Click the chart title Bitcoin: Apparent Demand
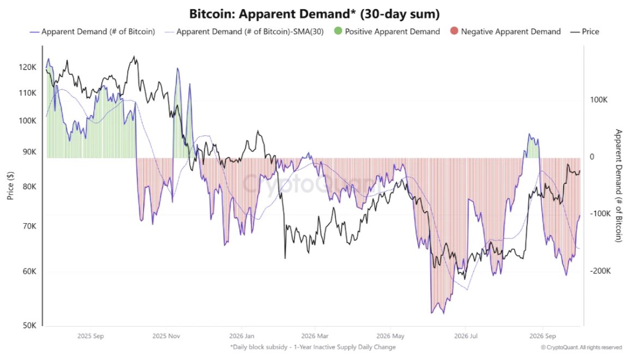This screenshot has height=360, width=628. coord(314,14)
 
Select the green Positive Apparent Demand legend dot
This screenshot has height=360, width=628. coord(338,31)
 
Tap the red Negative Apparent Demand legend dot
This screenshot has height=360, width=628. coord(454,31)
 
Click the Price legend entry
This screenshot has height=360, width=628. coord(584,32)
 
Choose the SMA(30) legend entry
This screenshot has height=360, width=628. coord(244,32)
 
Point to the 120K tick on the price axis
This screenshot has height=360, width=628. coord(27,67)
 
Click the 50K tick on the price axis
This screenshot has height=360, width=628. coord(29,326)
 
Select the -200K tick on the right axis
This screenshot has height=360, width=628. coord(600,271)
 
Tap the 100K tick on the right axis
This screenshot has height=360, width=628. coord(599,100)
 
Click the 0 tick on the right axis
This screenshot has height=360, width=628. coord(592,157)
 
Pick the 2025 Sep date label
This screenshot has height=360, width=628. coord(90,336)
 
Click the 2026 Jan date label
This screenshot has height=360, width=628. coord(241,336)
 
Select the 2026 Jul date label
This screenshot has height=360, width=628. coord(466,336)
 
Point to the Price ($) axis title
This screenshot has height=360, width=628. coord(10,185)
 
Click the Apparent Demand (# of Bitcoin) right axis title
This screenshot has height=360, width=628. coord(619,185)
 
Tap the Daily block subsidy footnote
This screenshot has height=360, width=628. coord(313,347)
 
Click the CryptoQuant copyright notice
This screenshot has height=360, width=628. coord(582,347)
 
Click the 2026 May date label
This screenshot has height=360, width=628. coord(390,336)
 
